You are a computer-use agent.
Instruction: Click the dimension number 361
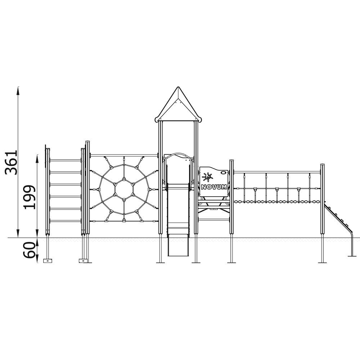tap(11, 163)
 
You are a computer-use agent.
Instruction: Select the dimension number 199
tap(30, 197)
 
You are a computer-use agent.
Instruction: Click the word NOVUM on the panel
tap(214, 187)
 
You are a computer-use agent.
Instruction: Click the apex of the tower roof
tap(178, 87)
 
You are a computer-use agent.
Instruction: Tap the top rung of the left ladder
tap(66, 160)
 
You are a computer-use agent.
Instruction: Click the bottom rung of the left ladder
tap(66, 221)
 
